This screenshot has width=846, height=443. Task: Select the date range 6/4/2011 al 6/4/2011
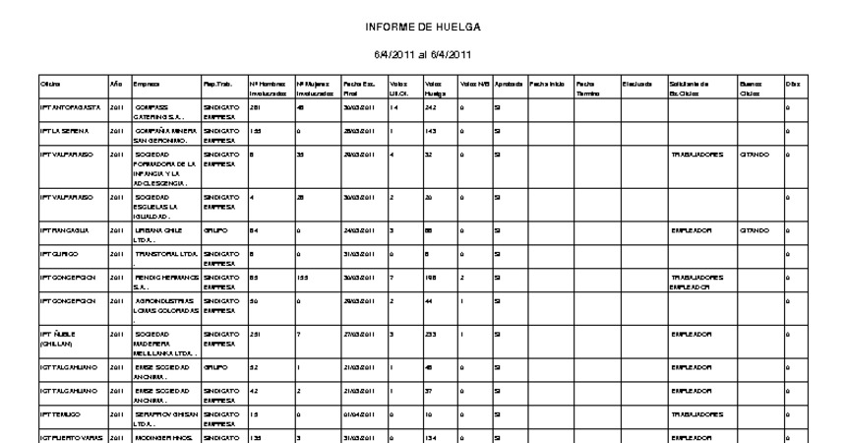(x=422, y=55)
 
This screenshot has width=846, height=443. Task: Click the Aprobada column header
(x=508, y=86)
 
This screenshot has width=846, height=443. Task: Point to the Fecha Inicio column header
(x=546, y=86)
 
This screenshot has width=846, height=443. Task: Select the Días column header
(x=791, y=86)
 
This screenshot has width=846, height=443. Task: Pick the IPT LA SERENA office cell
(x=66, y=130)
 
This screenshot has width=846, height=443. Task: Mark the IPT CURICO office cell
(x=59, y=253)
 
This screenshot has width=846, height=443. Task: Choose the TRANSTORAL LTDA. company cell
(x=165, y=253)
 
